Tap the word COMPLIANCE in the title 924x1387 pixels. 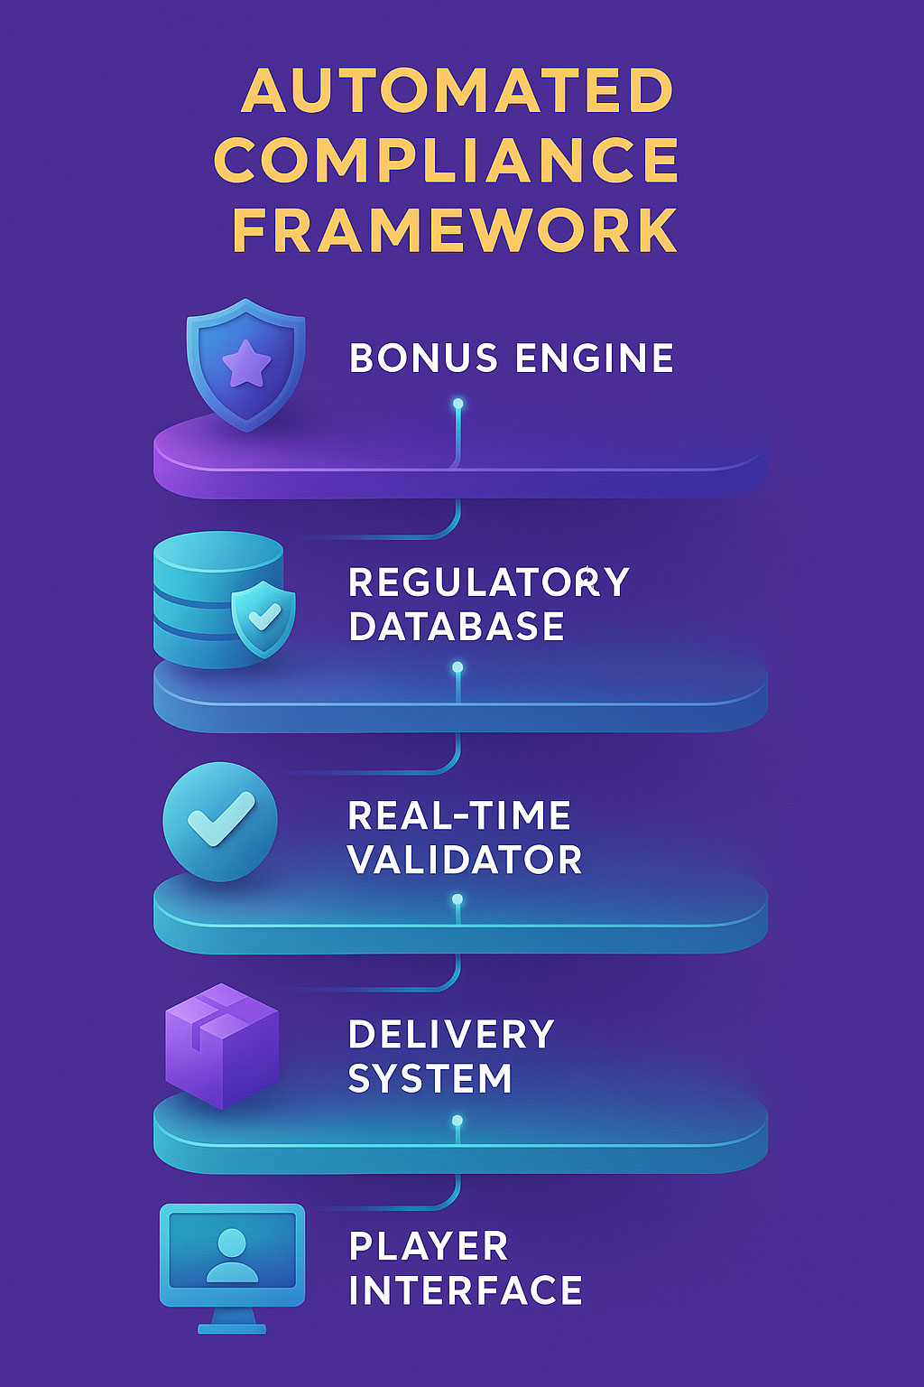447,161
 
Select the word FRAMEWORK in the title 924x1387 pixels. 455,230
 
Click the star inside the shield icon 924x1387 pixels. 246,364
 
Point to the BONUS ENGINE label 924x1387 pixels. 512,358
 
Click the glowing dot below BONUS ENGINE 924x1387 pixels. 458,404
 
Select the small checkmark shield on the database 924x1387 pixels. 263,618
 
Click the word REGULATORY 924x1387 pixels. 488,582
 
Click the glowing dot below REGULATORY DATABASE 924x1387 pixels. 457,667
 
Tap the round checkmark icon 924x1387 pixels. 220,821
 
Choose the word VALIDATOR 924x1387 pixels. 465,860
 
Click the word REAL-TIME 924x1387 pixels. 459,816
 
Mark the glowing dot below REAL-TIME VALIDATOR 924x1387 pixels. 457,899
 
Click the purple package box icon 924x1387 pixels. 222,1046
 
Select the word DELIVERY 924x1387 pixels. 451,1035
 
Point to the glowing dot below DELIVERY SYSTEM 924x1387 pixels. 457,1121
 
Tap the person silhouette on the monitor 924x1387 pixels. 232,1254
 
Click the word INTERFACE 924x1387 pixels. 466,1290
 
